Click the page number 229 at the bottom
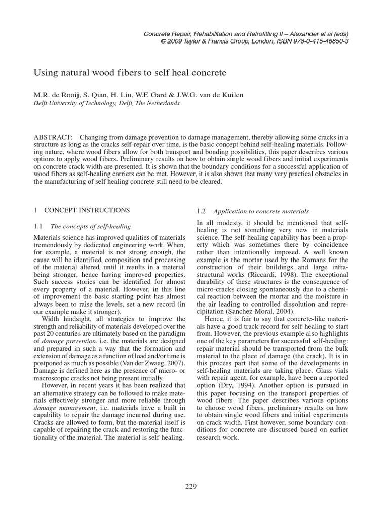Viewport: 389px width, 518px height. pos(191,487)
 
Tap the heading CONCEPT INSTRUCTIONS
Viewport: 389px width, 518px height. pos(87,210)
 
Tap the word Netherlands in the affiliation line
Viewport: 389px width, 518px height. pos(163,102)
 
